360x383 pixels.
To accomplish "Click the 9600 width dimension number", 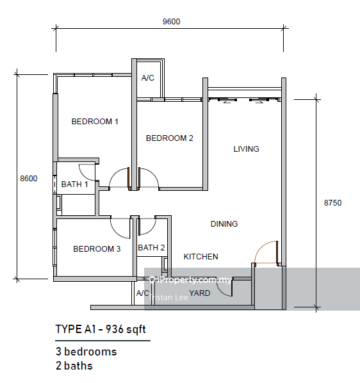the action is click(172, 22).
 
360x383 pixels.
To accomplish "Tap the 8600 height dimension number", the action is click(29, 179).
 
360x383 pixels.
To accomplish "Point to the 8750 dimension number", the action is click(332, 203).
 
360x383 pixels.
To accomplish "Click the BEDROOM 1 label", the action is click(95, 122).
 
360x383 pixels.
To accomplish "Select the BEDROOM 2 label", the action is click(170, 138).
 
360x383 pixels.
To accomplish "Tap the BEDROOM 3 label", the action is click(97, 249).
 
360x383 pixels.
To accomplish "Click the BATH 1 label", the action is click(74, 184).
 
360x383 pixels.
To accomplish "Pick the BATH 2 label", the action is click(151, 248).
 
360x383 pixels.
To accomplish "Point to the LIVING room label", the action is click(246, 149).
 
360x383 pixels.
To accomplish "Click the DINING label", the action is click(224, 224).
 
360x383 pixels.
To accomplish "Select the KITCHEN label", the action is click(200, 256).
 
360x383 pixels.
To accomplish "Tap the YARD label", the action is click(200, 293).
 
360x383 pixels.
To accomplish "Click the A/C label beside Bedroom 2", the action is click(148, 78).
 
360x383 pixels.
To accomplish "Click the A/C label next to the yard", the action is click(143, 293).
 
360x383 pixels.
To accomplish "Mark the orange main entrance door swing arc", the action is click(261, 247).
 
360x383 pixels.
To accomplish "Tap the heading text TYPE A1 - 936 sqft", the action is click(101, 329).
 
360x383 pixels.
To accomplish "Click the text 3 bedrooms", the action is click(86, 352).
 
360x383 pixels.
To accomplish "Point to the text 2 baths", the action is click(74, 366).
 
